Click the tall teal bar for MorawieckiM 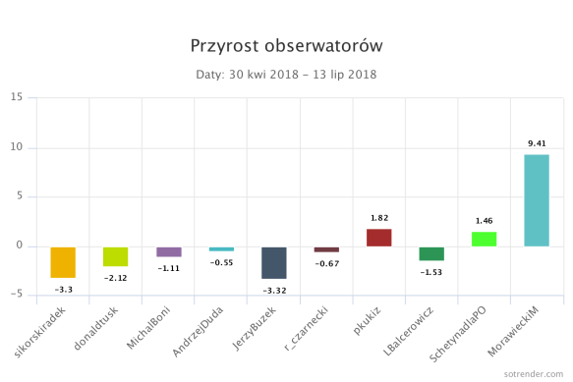(537, 200)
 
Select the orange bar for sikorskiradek (63, 262)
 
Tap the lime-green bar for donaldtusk (115, 256)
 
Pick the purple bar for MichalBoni (168, 251)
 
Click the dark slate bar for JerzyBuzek (273, 262)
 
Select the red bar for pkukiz (378, 237)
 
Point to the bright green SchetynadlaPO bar (484, 239)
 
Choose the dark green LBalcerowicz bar (431, 253)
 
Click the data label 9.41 (537, 144)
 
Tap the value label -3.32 (273, 291)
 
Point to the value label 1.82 (378, 218)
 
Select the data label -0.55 (221, 263)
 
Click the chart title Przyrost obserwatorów (286, 46)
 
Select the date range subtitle (286, 74)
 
